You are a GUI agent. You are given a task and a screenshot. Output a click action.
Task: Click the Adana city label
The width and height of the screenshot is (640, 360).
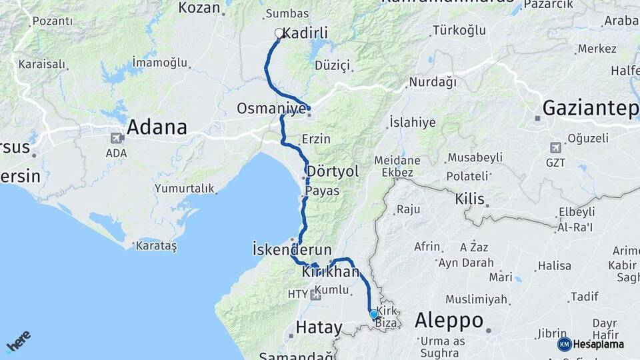(157, 127)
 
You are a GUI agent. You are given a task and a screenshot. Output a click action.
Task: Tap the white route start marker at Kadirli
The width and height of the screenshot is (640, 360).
(279, 33)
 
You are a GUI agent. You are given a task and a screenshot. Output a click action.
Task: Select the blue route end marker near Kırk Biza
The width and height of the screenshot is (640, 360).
(374, 314)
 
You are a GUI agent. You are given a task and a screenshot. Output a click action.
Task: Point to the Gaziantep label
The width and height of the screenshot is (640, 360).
(590, 108)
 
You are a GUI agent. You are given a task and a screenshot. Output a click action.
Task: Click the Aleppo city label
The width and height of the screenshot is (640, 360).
(449, 320)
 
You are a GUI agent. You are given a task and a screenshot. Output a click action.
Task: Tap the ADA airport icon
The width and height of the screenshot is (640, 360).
(117, 138)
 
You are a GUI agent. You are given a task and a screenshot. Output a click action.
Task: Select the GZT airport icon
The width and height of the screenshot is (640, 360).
(555, 147)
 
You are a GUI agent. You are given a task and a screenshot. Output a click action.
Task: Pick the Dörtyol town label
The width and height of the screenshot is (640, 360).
(333, 171)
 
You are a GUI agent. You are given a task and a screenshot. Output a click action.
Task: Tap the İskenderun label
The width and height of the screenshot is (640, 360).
(292, 250)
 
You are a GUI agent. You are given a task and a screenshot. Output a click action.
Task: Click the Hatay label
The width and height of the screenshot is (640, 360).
(319, 327)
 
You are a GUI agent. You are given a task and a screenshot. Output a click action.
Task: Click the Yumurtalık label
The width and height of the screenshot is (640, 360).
(185, 189)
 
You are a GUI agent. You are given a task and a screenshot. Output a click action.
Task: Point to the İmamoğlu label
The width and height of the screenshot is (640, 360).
(160, 62)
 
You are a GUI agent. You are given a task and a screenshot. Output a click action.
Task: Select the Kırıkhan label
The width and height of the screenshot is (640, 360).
(331, 272)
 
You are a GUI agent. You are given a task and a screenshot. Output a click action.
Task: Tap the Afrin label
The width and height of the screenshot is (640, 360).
(427, 247)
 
